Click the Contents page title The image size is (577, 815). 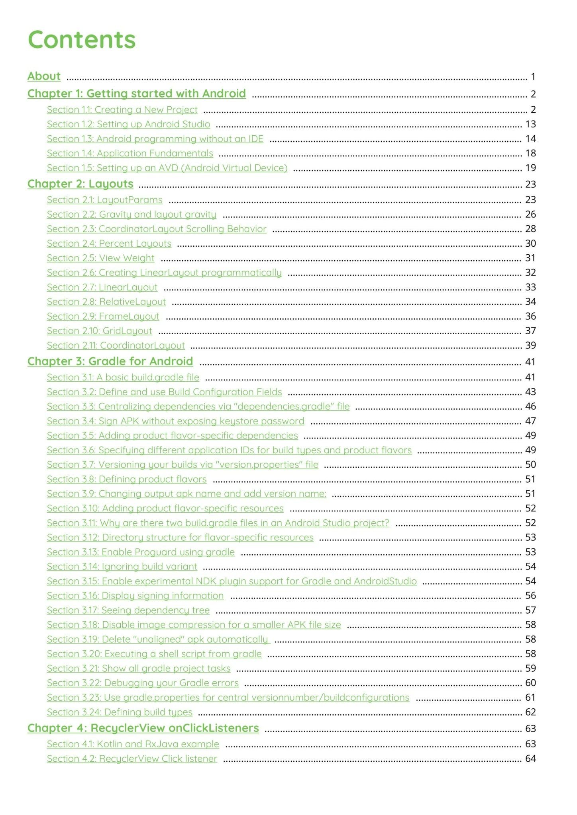pyautogui.click(x=82, y=39)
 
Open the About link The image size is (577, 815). pyautogui.click(x=44, y=76)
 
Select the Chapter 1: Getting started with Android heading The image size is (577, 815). pyautogui.click(x=136, y=94)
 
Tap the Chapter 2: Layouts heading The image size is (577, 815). pyautogui.click(x=80, y=184)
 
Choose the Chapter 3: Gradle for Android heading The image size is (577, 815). pyautogui.click(x=110, y=361)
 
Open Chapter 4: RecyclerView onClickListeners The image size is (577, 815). pyautogui.click(x=143, y=728)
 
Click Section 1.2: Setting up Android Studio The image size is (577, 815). pyautogui.click(x=128, y=124)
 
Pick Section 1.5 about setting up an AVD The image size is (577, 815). pyautogui.click(x=167, y=168)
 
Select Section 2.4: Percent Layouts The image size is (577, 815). pyautogui.click(x=109, y=244)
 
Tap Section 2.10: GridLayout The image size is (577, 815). pyautogui.click(x=99, y=331)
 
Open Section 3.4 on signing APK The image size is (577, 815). pyautogui.click(x=175, y=421)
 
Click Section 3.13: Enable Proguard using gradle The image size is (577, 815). pyautogui.click(x=141, y=552)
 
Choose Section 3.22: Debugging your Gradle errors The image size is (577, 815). pyautogui.click(x=143, y=683)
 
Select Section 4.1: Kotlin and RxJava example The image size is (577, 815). pyautogui.click(x=133, y=744)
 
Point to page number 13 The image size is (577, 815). pyautogui.click(x=530, y=124)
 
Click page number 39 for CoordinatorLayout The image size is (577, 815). pyautogui.click(x=530, y=345)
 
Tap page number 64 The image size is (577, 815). pyautogui.click(x=530, y=758)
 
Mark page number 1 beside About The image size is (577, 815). pyautogui.click(x=533, y=76)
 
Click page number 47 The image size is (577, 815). pyautogui.click(x=530, y=421)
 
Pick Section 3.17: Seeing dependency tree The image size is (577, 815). pyautogui.click(x=128, y=610)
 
